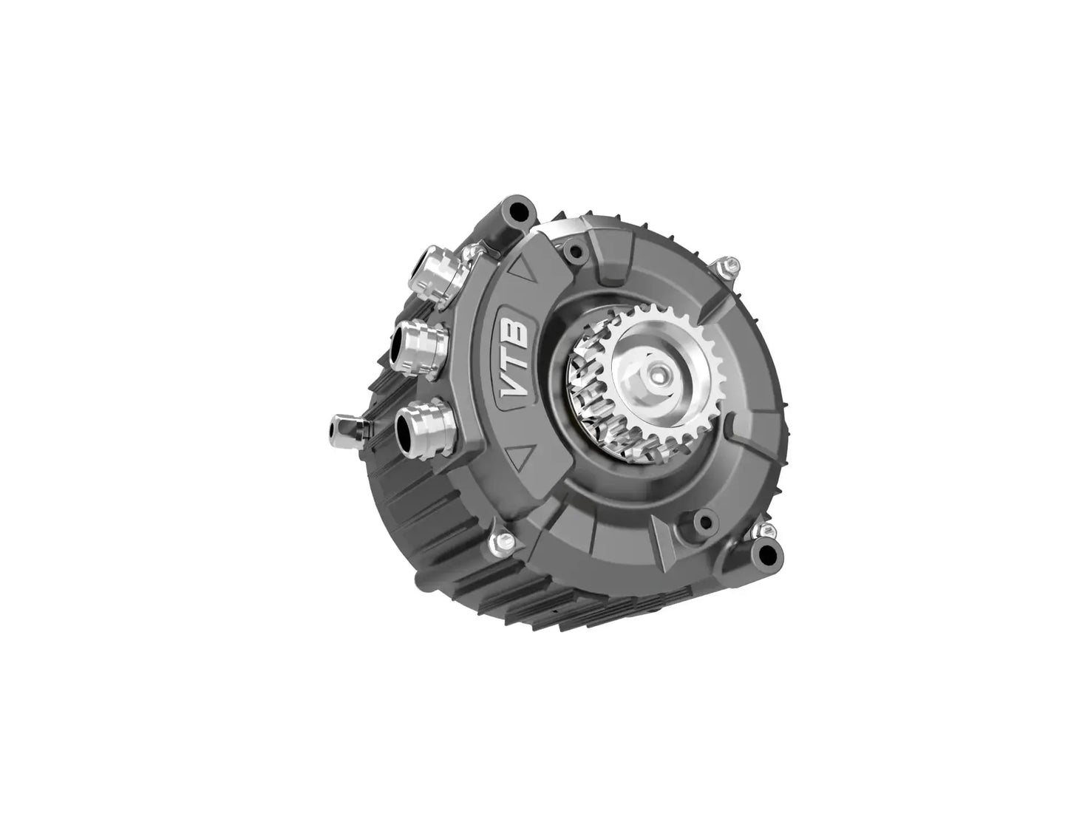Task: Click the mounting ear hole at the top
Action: coord(515,208)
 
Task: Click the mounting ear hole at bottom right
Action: coord(767,554)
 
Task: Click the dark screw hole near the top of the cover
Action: coord(574,252)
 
